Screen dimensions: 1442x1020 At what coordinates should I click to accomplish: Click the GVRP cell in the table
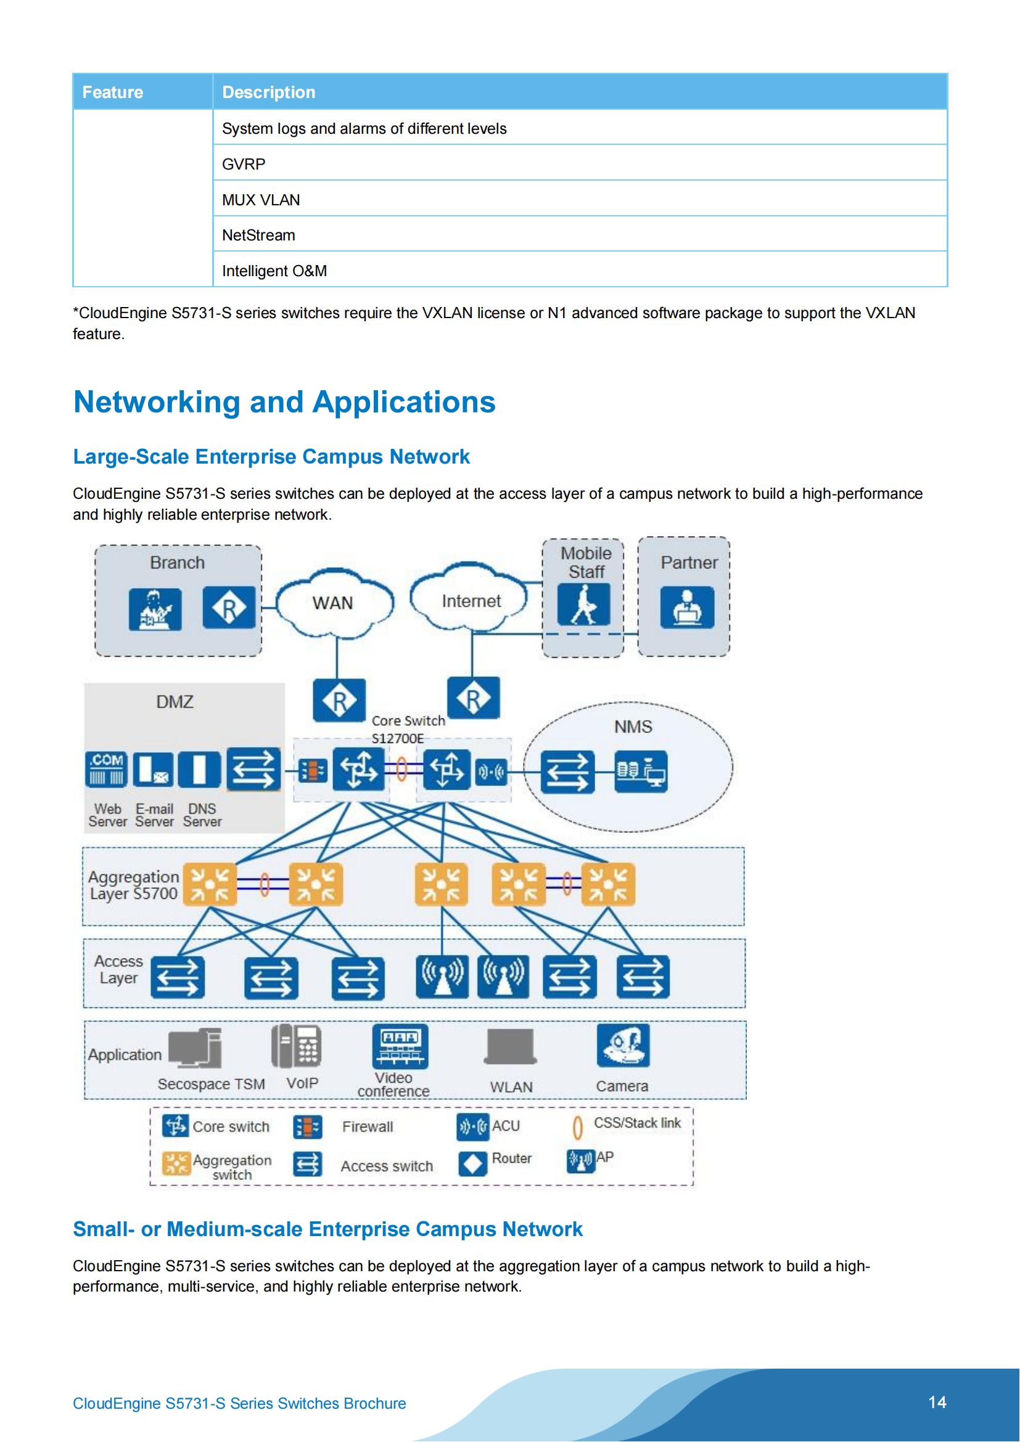(x=244, y=164)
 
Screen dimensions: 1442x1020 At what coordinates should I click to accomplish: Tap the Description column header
(x=269, y=92)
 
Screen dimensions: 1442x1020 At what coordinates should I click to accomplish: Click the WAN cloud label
(x=333, y=603)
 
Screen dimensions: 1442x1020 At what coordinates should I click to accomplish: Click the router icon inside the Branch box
(x=229, y=607)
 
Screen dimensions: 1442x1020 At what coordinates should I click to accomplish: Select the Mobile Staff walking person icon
(x=583, y=605)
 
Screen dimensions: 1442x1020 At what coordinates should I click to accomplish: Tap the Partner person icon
(x=687, y=607)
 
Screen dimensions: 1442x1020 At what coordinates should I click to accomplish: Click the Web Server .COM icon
(x=106, y=769)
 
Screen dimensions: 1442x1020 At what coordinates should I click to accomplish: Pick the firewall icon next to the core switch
(x=312, y=771)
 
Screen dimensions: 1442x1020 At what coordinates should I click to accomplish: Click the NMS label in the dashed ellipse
(x=633, y=727)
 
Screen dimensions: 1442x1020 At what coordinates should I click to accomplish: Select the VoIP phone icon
(x=297, y=1045)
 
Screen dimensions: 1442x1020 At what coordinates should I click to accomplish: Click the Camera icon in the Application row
(x=623, y=1045)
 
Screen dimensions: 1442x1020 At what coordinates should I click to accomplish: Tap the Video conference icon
(x=400, y=1046)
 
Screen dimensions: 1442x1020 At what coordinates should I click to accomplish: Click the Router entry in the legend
(x=511, y=1158)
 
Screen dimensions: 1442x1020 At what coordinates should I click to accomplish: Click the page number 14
(x=937, y=1402)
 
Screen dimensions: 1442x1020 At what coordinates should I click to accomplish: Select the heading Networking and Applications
(x=284, y=402)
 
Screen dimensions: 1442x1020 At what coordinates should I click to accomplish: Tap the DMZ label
(x=175, y=702)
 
